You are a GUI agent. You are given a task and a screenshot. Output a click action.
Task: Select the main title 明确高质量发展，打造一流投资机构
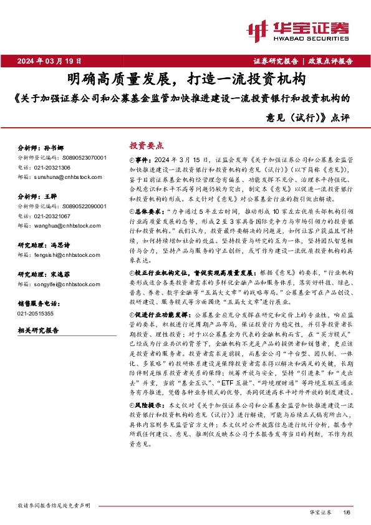tap(185, 79)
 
